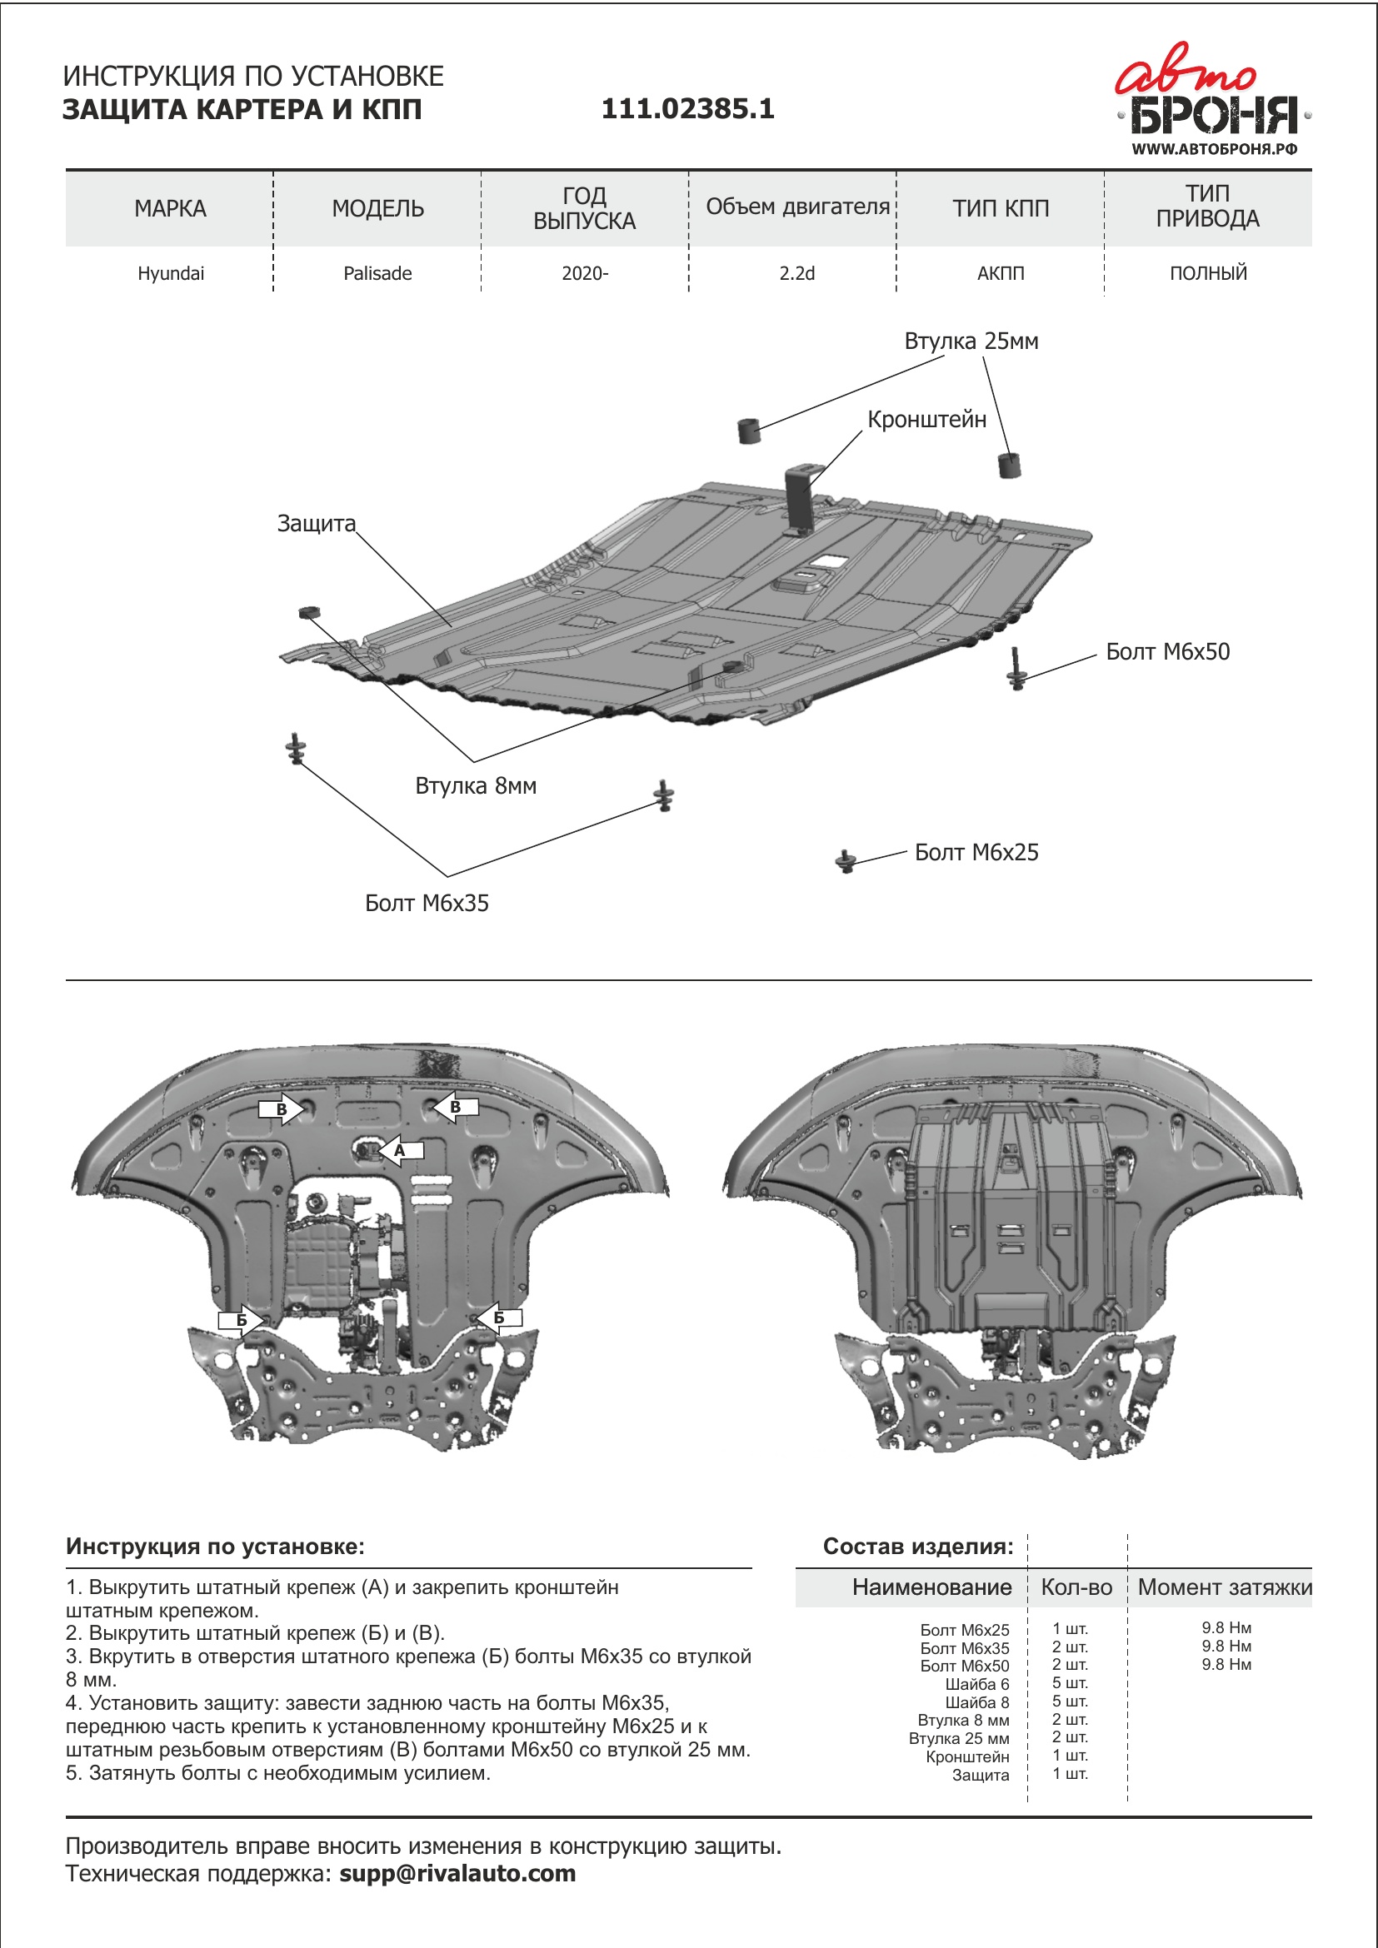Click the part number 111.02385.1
(x=687, y=108)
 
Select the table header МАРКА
(x=170, y=209)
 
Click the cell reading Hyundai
(x=171, y=273)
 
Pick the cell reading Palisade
(x=377, y=273)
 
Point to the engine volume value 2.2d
(x=796, y=273)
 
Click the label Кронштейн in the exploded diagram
(x=926, y=419)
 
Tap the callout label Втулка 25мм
(x=971, y=341)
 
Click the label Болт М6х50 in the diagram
(x=1166, y=651)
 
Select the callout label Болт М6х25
(x=976, y=853)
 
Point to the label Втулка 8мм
(x=475, y=785)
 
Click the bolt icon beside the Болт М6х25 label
(x=845, y=861)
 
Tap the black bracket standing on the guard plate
(x=800, y=500)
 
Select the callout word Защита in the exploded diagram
(x=316, y=524)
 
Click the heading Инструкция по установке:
(x=215, y=1547)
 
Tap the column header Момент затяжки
(x=1225, y=1587)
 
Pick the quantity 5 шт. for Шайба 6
(x=1069, y=1683)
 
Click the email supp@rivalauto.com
(x=457, y=1873)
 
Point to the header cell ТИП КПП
(x=1001, y=209)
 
